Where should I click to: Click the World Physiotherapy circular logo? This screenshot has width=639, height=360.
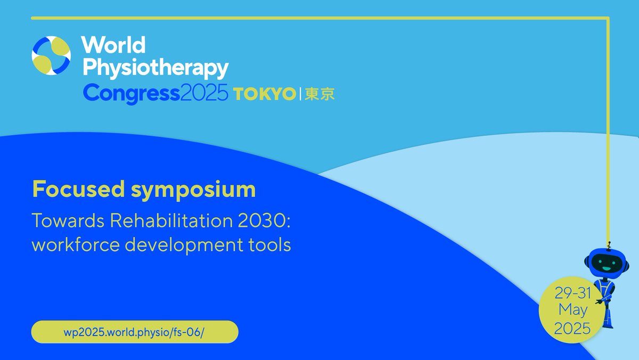click(51, 55)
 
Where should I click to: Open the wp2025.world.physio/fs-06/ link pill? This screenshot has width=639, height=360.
click(134, 332)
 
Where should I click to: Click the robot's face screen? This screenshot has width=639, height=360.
click(607, 262)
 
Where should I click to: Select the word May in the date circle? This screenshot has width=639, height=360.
click(572, 310)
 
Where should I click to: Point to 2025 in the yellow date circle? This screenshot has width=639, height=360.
click(572, 328)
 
